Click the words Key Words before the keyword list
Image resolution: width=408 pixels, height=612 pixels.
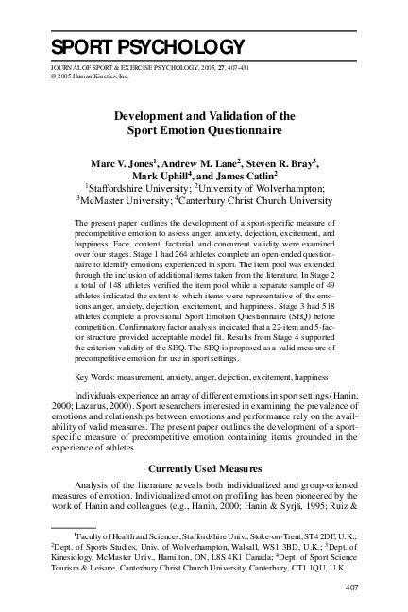click(x=93, y=376)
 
